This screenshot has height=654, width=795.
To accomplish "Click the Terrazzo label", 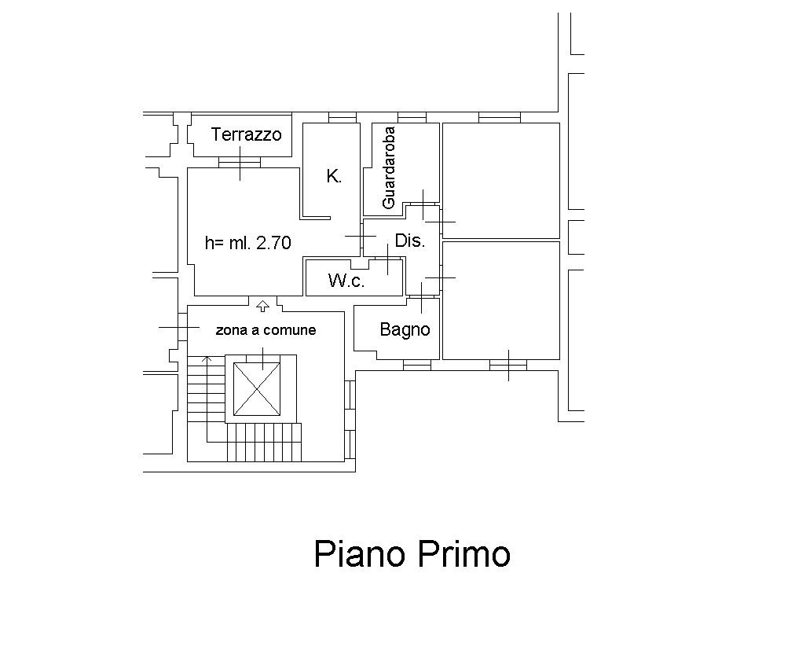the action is point(246,134).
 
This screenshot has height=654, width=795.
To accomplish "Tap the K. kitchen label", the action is point(334,176).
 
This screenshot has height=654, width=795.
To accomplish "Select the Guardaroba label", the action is point(389,167).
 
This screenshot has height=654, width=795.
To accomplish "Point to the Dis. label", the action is point(409,241).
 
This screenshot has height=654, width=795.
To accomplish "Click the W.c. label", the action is point(346,280).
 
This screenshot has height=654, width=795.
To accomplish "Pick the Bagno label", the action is point(405,330).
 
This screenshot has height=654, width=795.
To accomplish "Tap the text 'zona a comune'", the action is point(266,330).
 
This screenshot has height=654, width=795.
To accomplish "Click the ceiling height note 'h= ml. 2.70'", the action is point(248,243).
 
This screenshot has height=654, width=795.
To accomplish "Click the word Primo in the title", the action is point(464,553).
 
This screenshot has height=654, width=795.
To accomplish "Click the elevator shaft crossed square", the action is point(257,388).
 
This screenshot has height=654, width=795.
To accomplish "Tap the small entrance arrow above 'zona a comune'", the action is point(262,306).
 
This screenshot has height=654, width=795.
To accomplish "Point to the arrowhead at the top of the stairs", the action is point(207,358).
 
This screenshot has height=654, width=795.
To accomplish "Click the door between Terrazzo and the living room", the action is point(240,162).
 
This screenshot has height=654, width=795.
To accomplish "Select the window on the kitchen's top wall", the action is point(343,118).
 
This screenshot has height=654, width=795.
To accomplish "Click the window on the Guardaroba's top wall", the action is point(412,118).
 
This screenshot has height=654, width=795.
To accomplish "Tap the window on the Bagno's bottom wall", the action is point(417,365).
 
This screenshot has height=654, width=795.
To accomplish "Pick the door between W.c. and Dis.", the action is point(387,259).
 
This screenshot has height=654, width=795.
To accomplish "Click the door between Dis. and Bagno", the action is point(422,297).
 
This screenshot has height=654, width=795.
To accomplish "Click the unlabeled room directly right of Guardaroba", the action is point(501,180).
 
